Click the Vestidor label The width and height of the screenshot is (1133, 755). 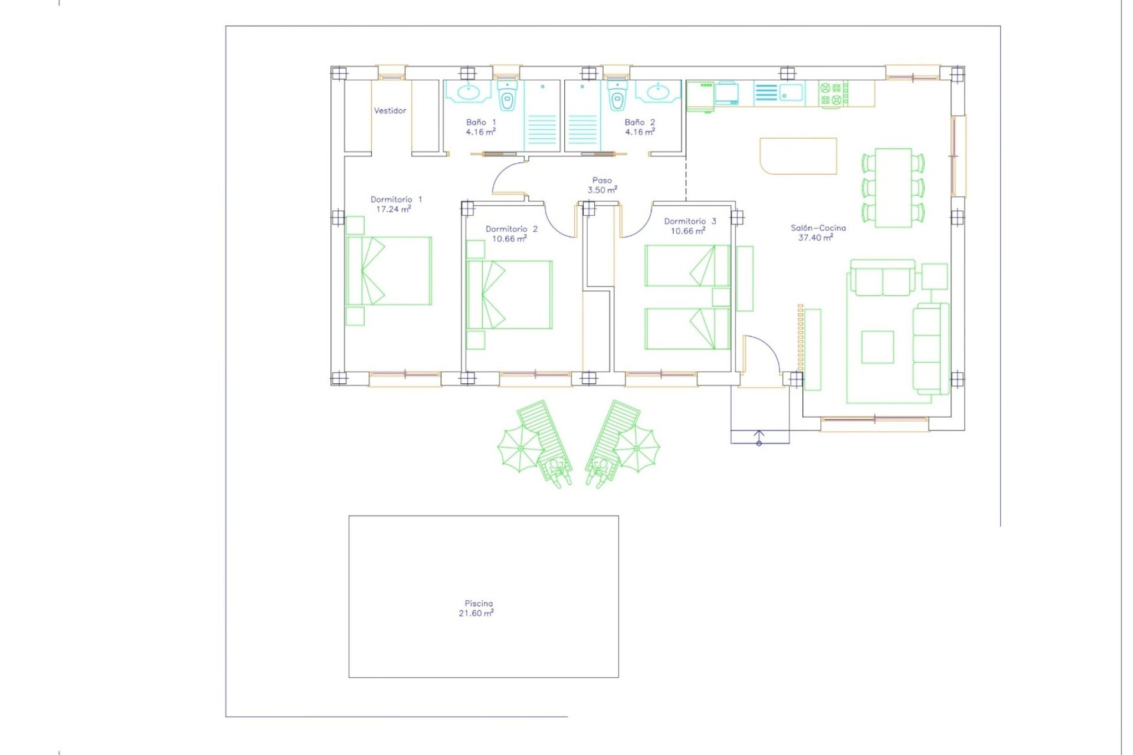pyautogui.click(x=390, y=111)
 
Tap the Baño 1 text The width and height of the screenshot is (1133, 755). pyautogui.click(x=481, y=122)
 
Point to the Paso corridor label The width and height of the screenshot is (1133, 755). pyautogui.click(x=602, y=180)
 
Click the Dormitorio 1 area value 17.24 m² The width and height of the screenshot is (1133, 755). pyautogui.click(x=394, y=209)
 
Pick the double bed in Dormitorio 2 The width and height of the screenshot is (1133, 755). pyautogui.click(x=509, y=294)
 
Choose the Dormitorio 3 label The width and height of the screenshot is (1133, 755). pyautogui.click(x=690, y=221)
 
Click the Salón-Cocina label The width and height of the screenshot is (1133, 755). pyautogui.click(x=818, y=228)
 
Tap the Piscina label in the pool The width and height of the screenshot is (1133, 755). pyautogui.click(x=479, y=603)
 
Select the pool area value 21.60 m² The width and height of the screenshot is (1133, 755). pyautogui.click(x=476, y=613)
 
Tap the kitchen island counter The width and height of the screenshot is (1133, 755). pyautogui.click(x=798, y=156)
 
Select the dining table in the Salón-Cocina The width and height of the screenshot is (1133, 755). pyautogui.click(x=893, y=188)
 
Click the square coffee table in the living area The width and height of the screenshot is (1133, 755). pyautogui.click(x=877, y=347)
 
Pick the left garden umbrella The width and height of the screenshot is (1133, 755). pyautogui.click(x=520, y=449)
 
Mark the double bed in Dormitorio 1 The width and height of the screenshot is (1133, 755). pyautogui.click(x=389, y=271)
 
